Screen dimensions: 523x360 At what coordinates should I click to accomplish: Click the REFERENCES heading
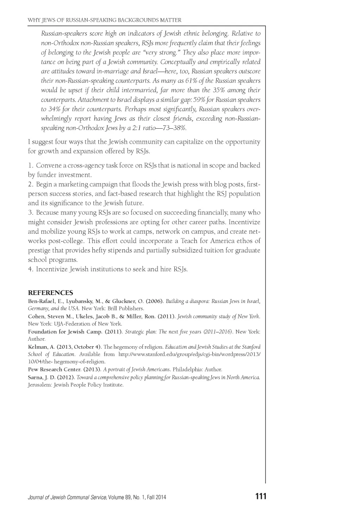pos(50,293)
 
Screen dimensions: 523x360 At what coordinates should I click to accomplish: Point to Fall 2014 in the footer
pos(156,497)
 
